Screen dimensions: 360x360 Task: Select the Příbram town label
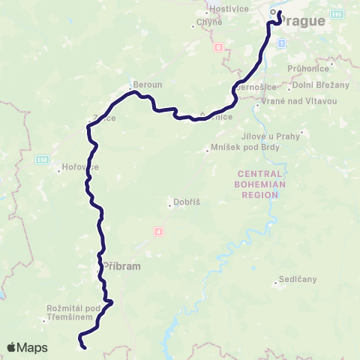(x=121, y=265)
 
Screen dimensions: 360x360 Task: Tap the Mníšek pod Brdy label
(x=236, y=150)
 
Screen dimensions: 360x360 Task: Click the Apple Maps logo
(x=27, y=347)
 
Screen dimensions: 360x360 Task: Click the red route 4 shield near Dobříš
(x=158, y=231)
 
